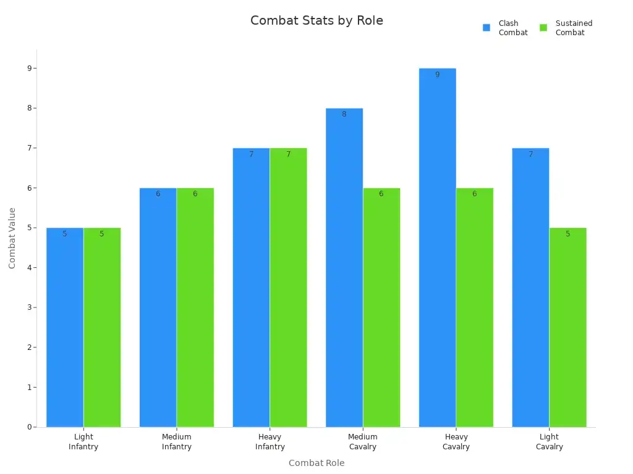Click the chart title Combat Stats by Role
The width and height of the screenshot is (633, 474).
point(316,20)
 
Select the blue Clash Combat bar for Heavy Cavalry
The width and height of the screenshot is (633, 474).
point(437,247)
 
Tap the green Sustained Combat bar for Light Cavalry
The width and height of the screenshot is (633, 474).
point(567,327)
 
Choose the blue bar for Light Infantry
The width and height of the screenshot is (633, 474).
point(65,327)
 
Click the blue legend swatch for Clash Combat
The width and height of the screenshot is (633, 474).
point(486,28)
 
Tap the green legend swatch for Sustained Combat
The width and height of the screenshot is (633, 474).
point(543,28)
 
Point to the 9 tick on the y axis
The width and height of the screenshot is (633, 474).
point(29,69)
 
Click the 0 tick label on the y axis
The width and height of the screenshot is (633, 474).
point(29,427)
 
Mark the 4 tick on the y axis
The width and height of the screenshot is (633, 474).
point(29,268)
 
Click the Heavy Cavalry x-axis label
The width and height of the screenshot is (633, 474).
point(456,442)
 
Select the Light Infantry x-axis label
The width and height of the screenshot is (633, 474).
point(83,442)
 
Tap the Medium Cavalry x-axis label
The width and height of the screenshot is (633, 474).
point(363,442)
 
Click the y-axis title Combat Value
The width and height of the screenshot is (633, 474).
point(12,238)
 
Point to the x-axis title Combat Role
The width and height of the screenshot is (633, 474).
point(316,463)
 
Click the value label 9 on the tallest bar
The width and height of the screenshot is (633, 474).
point(437,75)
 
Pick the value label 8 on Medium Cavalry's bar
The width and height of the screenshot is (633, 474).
point(344,114)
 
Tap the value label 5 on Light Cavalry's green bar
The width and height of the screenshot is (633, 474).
point(567,234)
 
